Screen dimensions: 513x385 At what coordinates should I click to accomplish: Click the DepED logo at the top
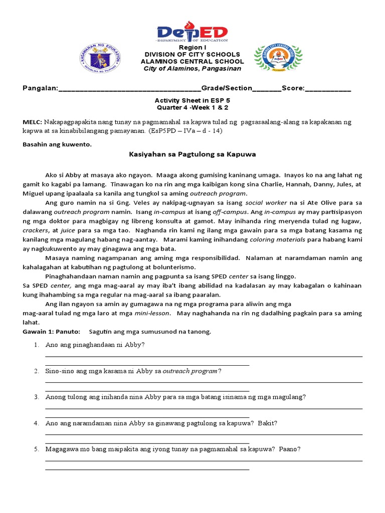point(192,32)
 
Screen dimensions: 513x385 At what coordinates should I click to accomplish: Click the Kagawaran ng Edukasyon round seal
point(100,58)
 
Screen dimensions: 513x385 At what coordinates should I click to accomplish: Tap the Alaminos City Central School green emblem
point(278,58)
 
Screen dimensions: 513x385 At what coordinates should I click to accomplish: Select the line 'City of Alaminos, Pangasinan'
point(192,69)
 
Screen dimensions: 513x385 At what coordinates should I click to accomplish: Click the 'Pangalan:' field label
point(41,88)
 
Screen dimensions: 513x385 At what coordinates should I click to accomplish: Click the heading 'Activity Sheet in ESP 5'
point(192,100)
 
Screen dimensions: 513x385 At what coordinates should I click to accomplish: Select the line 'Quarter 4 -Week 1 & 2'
point(192,107)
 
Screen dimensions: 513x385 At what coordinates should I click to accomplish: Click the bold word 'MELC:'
point(33,122)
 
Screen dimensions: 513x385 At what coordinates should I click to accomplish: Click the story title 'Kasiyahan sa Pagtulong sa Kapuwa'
point(192,154)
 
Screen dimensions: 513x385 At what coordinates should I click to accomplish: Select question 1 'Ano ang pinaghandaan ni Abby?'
point(95,345)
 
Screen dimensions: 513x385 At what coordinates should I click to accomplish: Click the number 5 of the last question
point(37,449)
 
